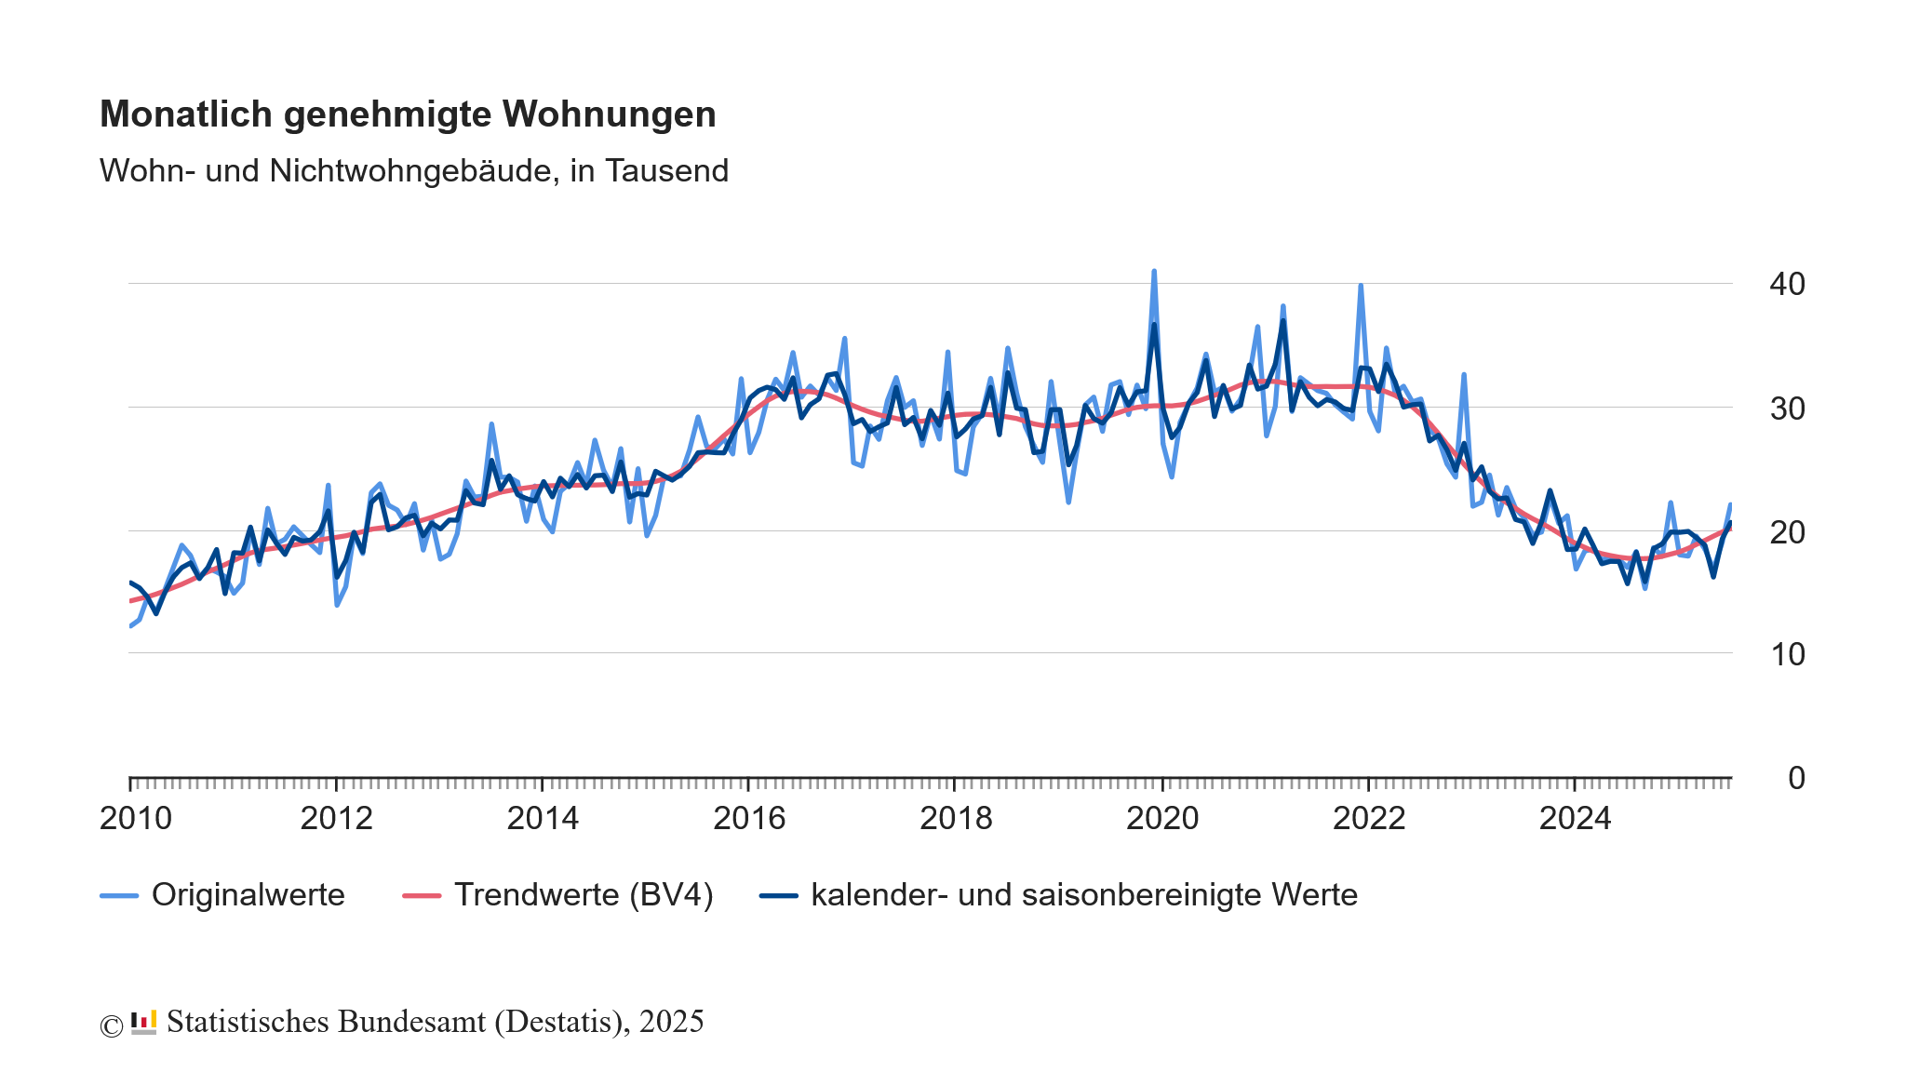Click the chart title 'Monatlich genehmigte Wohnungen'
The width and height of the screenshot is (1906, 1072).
pyautogui.click(x=408, y=114)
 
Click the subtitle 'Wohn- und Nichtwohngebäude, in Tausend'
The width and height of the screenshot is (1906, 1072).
pyautogui.click(x=414, y=171)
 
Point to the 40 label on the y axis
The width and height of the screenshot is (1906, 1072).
pyautogui.click(x=1786, y=284)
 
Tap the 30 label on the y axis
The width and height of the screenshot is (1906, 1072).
pyautogui.click(x=1786, y=408)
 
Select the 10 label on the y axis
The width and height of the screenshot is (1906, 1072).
pyautogui.click(x=1786, y=654)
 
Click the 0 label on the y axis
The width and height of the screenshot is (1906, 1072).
pyautogui.click(x=1795, y=778)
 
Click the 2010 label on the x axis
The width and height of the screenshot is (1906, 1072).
pyautogui.click(x=136, y=819)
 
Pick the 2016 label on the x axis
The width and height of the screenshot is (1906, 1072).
pyautogui.click(x=749, y=819)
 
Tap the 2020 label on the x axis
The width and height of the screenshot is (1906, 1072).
pyautogui.click(x=1162, y=819)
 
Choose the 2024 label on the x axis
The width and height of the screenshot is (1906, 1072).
pyautogui.click(x=1575, y=819)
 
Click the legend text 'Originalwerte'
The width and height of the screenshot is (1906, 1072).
pyautogui.click(x=248, y=895)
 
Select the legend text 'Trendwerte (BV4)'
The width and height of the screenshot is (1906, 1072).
pyautogui.click(x=584, y=895)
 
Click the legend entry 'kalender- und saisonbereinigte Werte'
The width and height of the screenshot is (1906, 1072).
pyautogui.click(x=1084, y=895)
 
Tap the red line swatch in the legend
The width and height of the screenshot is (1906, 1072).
pyautogui.click(x=421, y=896)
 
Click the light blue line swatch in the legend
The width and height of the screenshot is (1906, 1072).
pyautogui.click(x=119, y=896)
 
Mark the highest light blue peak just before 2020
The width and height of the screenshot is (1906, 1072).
pyautogui.click(x=1154, y=273)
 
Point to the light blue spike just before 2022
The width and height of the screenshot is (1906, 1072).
pyautogui.click(x=1361, y=287)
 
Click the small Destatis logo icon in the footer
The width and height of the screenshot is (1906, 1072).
pyautogui.click(x=143, y=1022)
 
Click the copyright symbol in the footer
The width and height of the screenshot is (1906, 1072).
pyautogui.click(x=111, y=1025)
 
